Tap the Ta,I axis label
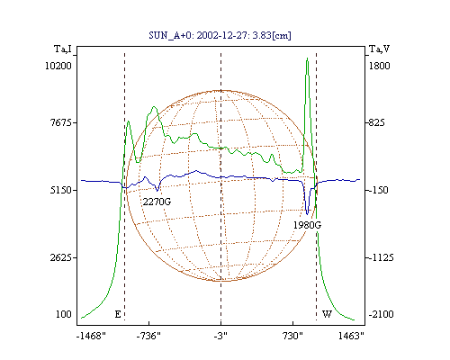point(63,49)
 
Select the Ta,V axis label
point(380,49)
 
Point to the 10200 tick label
point(58,66)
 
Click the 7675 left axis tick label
point(61,122)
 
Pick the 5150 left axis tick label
point(61,190)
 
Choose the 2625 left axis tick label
point(61,257)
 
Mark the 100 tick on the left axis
point(64,314)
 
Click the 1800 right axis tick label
point(379,66)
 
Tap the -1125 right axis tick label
point(381,257)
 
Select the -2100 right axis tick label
point(381,314)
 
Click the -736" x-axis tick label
point(148,336)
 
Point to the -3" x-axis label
point(220,336)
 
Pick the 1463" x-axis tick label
point(351,336)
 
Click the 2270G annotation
point(157,202)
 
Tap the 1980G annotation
point(307,225)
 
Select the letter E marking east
point(118,314)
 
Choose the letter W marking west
point(327,314)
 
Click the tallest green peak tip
point(307,58)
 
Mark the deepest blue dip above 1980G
point(307,214)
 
